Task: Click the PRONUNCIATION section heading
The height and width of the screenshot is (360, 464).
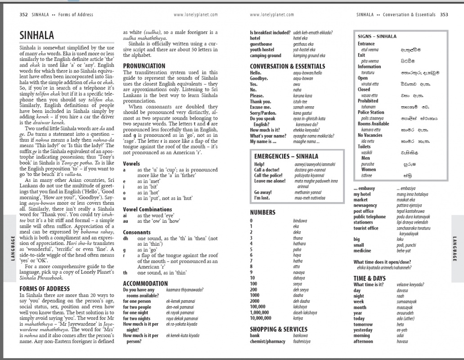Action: (x=144, y=66)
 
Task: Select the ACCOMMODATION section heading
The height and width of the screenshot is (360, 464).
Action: (x=145, y=283)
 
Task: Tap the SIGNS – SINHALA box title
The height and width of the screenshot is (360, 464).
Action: (x=377, y=36)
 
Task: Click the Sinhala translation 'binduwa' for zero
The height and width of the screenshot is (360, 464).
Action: (x=299, y=221)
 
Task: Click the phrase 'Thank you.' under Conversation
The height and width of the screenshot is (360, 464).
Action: (x=261, y=101)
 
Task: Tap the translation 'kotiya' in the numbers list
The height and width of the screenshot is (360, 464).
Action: (x=298, y=318)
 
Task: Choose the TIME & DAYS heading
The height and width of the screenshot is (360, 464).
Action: (x=369, y=278)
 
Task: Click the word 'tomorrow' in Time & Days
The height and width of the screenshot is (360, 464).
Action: (x=363, y=324)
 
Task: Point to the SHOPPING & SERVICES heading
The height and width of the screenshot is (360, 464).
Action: (x=279, y=329)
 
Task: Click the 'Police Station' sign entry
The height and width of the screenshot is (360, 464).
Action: (x=371, y=112)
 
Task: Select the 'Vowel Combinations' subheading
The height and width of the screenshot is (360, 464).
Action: (x=147, y=210)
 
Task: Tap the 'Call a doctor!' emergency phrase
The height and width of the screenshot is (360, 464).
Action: (x=266, y=170)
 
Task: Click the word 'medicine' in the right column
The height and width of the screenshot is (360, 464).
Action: (x=362, y=251)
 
